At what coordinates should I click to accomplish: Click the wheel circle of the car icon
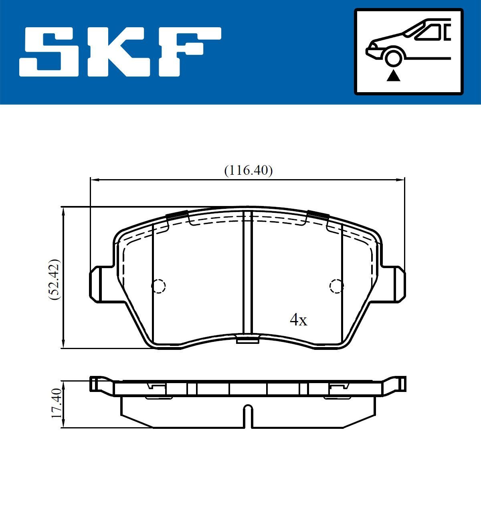pos(394,57)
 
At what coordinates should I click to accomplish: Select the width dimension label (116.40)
pos(248,170)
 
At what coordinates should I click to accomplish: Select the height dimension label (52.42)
pos(55,279)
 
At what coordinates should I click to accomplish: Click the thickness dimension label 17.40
pos(57,403)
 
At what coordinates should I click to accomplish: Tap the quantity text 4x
pos(298,320)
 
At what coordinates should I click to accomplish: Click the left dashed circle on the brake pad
pos(158,286)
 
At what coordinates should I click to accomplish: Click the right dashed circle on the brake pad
pos(336,286)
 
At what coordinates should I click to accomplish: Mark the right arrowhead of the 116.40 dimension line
pos(401,180)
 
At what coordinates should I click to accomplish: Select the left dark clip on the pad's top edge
pos(177,215)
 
